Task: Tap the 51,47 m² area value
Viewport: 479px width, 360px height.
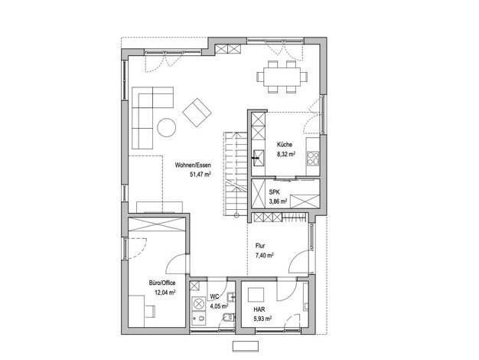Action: pos(200,175)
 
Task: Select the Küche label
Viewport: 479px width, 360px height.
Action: pos(285,145)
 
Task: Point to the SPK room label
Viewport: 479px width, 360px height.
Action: pos(275,192)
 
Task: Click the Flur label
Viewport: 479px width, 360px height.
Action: pos(260,246)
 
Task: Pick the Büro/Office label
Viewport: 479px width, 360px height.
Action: pos(162,283)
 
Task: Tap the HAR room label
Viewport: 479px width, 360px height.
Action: pos(259,309)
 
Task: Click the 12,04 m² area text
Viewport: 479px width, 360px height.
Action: pos(165,293)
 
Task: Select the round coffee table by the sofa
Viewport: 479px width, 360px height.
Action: pos(167,128)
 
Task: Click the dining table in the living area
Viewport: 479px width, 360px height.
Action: pos(282,77)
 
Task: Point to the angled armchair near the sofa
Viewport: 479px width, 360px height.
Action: pos(197,113)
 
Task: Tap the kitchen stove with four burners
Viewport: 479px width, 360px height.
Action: pos(313,159)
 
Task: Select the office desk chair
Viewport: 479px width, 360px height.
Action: pos(150,312)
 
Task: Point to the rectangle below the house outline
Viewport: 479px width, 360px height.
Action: pos(246,346)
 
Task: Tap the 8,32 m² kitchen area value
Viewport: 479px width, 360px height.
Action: pos(286,155)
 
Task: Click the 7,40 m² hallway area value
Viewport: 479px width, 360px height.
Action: pos(264,255)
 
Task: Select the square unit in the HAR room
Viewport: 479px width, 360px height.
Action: pos(256,295)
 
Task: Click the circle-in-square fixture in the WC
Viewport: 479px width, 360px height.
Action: pos(199,304)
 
